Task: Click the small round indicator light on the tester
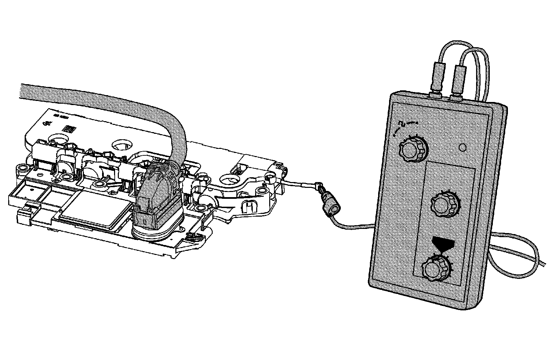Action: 462,147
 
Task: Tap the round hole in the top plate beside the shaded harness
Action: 122,145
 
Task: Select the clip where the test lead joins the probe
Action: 319,188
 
